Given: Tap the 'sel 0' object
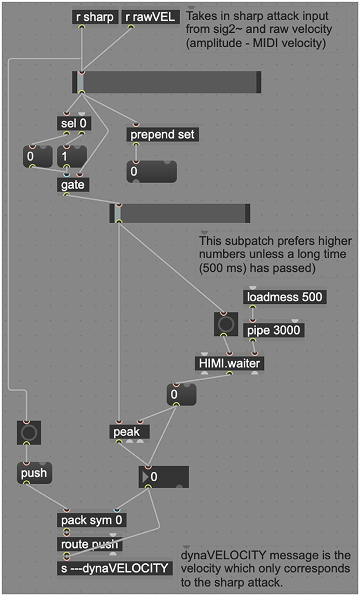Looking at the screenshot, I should point(74,124).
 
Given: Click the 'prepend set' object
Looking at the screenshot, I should point(163,134).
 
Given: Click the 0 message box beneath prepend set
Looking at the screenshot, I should point(152,171).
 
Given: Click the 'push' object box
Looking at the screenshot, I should point(34,473).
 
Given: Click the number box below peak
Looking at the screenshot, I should point(164,476).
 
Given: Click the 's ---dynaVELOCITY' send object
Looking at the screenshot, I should point(114,568).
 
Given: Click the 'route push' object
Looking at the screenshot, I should point(89,544).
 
